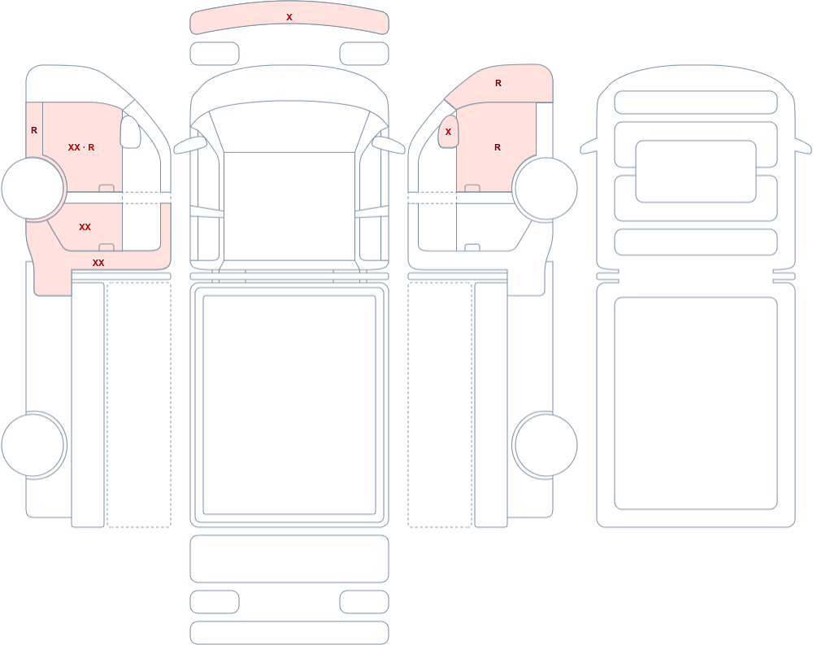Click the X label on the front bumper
289,17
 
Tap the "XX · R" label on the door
81,147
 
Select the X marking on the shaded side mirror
449,132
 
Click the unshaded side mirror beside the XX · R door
130,132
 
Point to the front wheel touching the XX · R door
33,189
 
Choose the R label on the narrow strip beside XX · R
34,130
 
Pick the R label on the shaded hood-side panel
498,83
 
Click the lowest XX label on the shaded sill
98,263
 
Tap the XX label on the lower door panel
85,227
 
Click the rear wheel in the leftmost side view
33,445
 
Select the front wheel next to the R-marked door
545,189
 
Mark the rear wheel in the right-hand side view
545,445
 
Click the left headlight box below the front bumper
215,54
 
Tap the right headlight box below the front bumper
364,54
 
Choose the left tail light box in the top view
215,602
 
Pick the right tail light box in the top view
364,602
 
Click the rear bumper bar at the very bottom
289,633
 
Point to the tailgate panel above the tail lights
289,559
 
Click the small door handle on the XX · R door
107,188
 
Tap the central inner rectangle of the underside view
696,172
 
